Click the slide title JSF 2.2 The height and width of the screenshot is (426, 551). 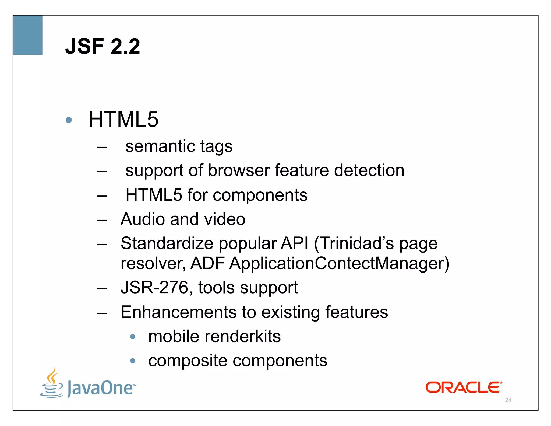(x=103, y=46)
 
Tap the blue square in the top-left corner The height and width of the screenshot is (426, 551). (x=28, y=35)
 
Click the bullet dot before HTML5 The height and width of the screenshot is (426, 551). (x=69, y=120)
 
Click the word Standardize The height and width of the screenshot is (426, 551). (x=167, y=243)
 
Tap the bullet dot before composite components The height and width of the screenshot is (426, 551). (x=133, y=361)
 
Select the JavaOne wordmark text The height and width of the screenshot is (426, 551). (x=101, y=388)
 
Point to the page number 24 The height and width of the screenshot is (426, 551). (x=508, y=400)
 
